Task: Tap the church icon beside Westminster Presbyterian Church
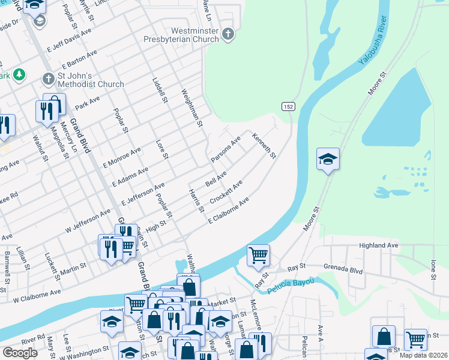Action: tap(228, 34)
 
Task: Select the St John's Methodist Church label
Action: tap(91, 80)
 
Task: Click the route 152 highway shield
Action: tap(288, 106)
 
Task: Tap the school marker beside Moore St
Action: tap(328, 160)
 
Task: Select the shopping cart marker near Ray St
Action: tap(258, 255)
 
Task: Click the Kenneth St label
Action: tap(264, 146)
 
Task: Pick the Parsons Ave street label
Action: tap(226, 149)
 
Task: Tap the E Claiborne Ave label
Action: tap(229, 212)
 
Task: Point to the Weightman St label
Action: tap(193, 107)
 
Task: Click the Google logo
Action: tap(20, 352)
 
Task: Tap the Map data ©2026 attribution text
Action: tap(423, 355)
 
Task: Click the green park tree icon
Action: tap(20, 74)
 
